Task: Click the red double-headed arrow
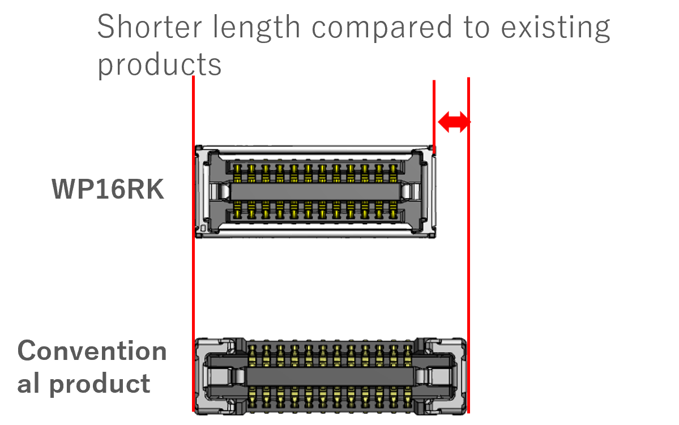453,122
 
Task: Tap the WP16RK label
108,190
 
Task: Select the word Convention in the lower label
92,351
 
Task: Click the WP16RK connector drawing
315,191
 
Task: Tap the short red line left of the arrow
434,113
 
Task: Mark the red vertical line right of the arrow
469,255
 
